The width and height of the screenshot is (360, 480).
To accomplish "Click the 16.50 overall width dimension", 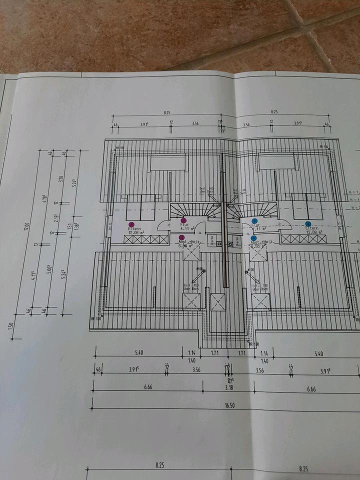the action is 229,406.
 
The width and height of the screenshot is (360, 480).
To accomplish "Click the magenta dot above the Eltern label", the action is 131,225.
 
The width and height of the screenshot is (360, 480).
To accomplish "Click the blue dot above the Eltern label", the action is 308,224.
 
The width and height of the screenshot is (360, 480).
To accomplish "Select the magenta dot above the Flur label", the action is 183,220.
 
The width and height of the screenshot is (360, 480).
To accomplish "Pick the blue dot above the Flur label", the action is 254,221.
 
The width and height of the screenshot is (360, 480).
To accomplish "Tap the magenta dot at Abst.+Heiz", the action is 181,237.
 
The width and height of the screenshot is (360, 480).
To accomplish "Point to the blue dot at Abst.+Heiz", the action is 254,238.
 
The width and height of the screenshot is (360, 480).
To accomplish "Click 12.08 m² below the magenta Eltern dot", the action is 136,233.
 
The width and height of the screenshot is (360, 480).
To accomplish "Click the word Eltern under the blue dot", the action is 311,228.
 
